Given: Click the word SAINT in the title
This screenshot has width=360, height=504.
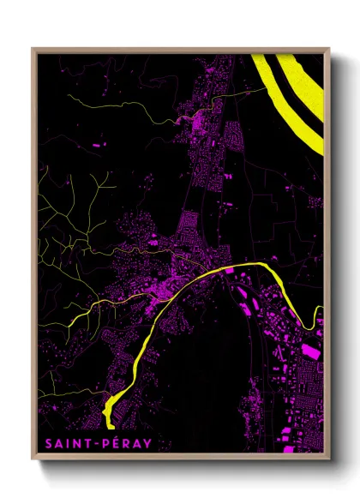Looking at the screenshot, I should point(63,443).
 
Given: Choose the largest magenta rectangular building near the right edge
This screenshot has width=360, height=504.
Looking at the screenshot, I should point(309,351).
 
